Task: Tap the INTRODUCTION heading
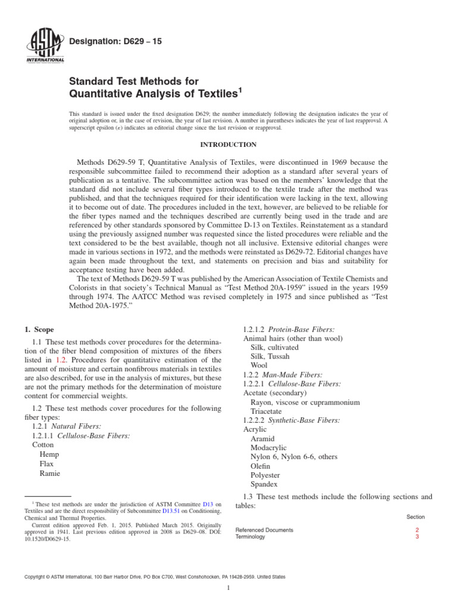tap(228, 145)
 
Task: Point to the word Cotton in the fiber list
tap(42, 444)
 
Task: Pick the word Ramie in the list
tap(49, 473)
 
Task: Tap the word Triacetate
tap(268, 411)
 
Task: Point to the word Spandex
tap(264, 484)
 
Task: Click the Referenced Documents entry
tap(264, 530)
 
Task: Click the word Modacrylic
tap(269, 447)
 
